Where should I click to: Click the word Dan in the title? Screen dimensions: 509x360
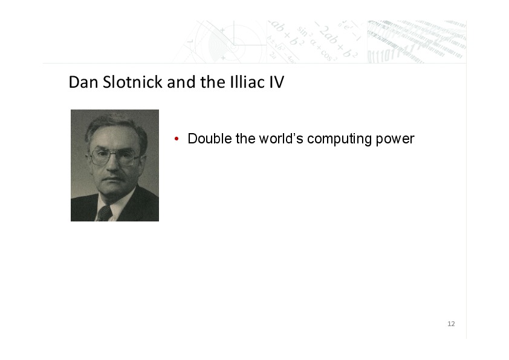click(x=83, y=82)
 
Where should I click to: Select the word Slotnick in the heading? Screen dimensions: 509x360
click(x=132, y=82)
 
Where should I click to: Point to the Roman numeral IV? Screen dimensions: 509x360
click(x=277, y=82)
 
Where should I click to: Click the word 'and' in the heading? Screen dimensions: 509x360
click(x=181, y=82)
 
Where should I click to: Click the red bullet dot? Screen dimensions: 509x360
click(x=177, y=139)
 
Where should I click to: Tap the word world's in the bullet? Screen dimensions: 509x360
click(x=281, y=139)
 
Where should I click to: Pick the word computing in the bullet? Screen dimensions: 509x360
click(x=340, y=139)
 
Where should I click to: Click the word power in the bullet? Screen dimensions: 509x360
click(x=395, y=140)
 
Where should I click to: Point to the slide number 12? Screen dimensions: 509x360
click(x=451, y=324)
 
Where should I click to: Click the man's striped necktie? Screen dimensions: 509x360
click(x=105, y=214)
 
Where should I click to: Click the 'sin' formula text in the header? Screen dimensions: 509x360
click(x=302, y=31)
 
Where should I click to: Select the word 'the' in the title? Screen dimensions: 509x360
click(x=213, y=82)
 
